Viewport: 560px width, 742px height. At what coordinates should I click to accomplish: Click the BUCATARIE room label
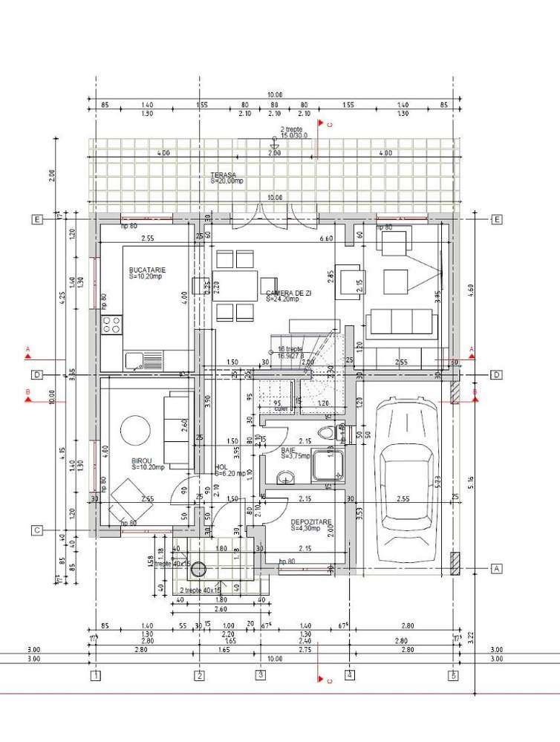(x=146, y=270)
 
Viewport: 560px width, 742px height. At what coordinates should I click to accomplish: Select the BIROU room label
(x=143, y=461)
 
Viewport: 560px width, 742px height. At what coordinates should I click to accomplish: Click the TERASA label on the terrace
(x=223, y=175)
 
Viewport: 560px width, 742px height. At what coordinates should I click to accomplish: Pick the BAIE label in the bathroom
(x=288, y=450)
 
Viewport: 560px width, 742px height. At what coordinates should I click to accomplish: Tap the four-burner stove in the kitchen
(x=111, y=324)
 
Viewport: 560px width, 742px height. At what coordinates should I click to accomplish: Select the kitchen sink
(x=135, y=361)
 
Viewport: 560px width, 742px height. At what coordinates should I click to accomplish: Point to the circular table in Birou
(x=135, y=429)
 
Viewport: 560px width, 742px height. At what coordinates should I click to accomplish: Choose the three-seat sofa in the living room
(x=401, y=322)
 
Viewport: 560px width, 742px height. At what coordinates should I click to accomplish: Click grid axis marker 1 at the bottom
(x=96, y=675)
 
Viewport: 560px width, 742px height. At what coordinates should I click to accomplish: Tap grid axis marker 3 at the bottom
(x=261, y=675)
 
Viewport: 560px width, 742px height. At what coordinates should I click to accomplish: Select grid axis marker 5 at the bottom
(x=452, y=675)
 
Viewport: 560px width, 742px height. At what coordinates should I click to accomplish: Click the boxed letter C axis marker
(x=36, y=530)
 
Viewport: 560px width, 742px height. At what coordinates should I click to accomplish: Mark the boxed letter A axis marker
(x=497, y=568)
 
